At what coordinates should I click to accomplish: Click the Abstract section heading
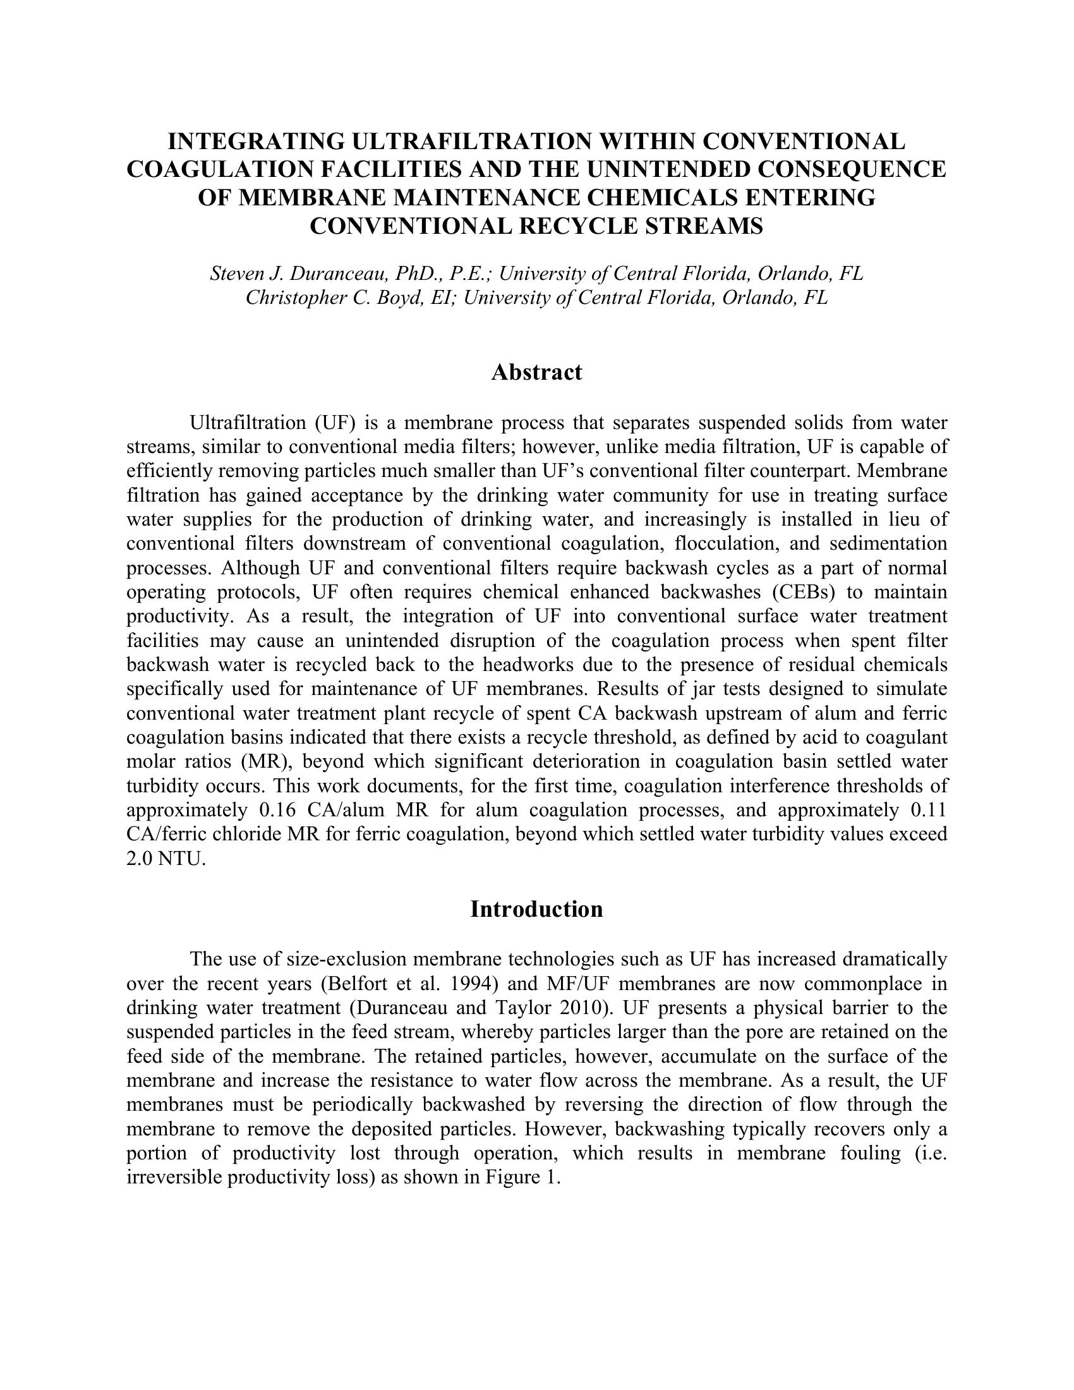[536, 372]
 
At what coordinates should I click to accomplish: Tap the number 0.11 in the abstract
[929, 810]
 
